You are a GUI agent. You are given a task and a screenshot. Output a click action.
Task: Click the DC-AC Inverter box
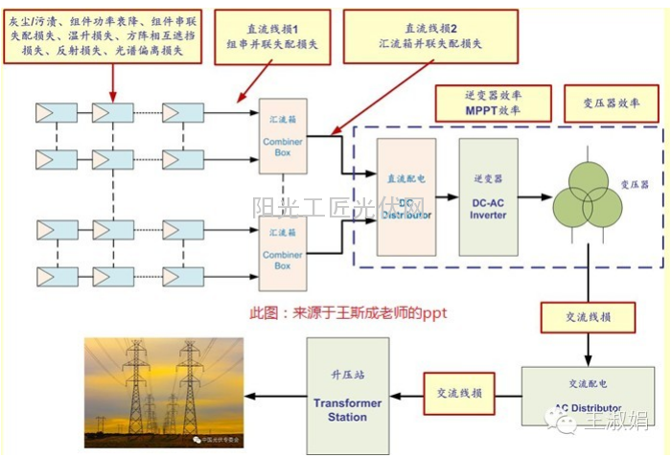[x=488, y=196]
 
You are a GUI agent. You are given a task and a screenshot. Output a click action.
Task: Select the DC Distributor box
[x=405, y=196]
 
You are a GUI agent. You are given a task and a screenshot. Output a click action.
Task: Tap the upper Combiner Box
[x=283, y=135]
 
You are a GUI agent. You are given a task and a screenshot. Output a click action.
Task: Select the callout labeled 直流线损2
[x=430, y=35]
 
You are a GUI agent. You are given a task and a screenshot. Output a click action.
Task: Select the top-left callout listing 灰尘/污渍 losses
[x=103, y=34]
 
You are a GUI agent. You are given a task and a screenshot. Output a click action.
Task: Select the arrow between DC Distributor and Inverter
[x=447, y=196]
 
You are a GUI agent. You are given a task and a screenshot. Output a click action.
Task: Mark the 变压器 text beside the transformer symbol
[x=635, y=184]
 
